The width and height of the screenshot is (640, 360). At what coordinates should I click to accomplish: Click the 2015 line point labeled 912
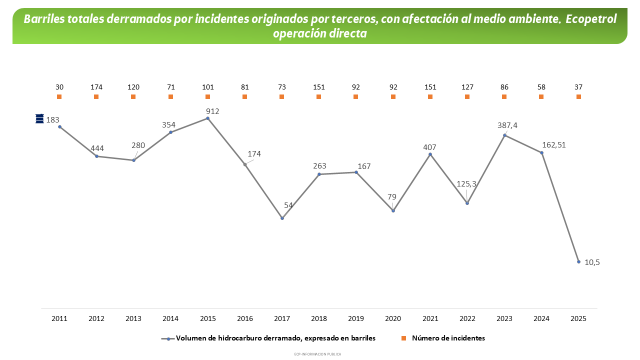[207, 118]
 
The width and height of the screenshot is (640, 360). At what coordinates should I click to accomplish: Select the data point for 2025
[578, 261]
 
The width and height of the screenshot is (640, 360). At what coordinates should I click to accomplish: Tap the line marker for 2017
[282, 218]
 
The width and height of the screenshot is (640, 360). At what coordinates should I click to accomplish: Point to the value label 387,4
[507, 125]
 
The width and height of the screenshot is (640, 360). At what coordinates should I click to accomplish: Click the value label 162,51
[554, 145]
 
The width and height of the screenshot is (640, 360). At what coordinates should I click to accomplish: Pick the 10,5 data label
[592, 262]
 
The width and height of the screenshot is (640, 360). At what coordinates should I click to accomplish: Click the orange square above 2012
[96, 96]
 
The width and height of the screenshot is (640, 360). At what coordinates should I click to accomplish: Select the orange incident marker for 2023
[504, 96]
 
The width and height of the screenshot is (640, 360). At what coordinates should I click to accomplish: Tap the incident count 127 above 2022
[467, 87]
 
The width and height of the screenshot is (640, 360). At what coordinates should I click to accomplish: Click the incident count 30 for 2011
[59, 87]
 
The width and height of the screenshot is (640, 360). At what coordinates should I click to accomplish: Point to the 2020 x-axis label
[393, 318]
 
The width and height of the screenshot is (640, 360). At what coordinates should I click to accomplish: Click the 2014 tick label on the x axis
[170, 318]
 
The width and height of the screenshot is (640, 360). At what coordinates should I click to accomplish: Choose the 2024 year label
[541, 318]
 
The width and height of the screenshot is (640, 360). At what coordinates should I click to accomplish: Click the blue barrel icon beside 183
[40, 118]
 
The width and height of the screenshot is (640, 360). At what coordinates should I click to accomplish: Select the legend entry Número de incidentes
[448, 338]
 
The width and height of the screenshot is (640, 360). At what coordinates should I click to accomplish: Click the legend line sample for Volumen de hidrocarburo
[168, 338]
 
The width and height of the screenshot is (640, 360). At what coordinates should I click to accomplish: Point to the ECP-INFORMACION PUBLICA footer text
[318, 354]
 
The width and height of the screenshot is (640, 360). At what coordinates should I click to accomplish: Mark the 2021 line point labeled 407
[430, 154]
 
